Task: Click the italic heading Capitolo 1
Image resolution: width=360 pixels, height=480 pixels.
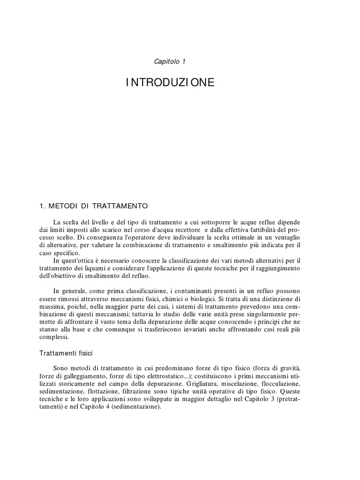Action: pos(170,61)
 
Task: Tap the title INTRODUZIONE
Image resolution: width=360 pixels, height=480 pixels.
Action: pos(170,83)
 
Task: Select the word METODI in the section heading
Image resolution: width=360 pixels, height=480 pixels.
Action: pos(65,206)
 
